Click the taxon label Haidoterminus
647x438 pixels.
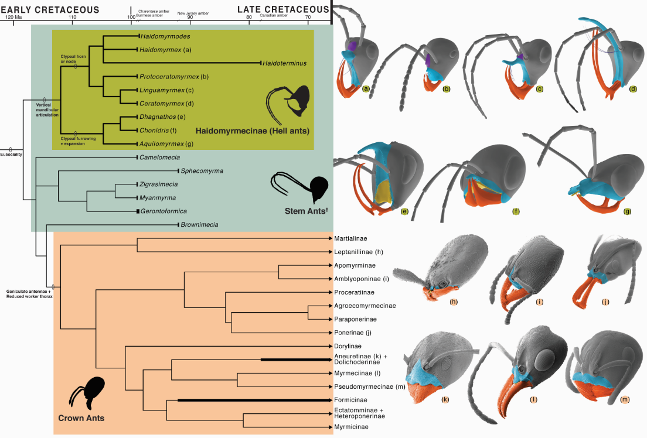click(x=284, y=63)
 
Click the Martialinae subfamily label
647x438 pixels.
click(x=351, y=238)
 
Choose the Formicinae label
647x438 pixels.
click(x=352, y=400)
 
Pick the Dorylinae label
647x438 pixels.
click(x=348, y=347)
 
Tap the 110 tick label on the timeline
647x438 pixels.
click(x=72, y=17)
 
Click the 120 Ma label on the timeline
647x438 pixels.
click(x=13, y=17)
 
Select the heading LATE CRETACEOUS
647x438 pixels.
click(x=283, y=9)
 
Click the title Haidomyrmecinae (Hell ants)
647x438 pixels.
click(x=253, y=129)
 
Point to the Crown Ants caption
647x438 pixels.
click(x=81, y=418)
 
